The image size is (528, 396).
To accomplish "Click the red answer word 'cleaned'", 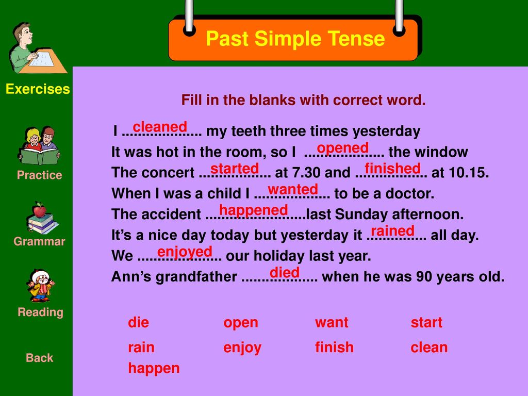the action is (160, 127).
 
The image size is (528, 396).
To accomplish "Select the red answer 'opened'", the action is (343, 148).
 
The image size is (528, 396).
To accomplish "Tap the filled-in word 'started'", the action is (235, 169).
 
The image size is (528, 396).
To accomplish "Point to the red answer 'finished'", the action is (392, 168).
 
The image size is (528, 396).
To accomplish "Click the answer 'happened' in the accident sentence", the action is (254, 211).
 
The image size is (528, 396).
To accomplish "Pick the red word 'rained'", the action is (392, 231).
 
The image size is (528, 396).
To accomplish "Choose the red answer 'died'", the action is (285, 272).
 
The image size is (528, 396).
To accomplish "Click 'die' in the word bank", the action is (138, 322).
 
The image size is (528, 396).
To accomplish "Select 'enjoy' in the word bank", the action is (242, 348).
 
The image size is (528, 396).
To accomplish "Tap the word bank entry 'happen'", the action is (154, 369).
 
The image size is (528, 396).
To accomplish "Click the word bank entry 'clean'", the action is (429, 347).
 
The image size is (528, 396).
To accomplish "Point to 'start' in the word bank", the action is (426, 323).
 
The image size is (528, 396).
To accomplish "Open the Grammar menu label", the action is (39, 241).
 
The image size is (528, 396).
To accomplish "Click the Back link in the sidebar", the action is (39, 358).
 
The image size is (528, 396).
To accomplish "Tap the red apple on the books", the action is (40, 210).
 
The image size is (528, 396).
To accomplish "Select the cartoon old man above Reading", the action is (40, 286).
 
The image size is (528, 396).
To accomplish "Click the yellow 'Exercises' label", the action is (38, 89).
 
